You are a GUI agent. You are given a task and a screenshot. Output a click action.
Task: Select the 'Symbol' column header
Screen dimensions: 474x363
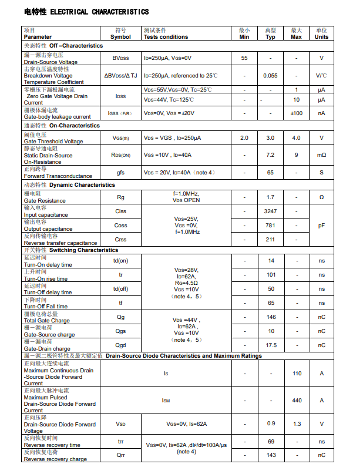tap(120, 37)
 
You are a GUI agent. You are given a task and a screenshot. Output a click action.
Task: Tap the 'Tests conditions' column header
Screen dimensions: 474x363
tap(166, 37)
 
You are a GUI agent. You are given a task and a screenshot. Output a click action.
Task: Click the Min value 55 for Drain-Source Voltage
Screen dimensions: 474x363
tap(244, 58)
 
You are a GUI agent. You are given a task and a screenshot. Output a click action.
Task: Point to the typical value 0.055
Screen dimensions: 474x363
tap(270, 76)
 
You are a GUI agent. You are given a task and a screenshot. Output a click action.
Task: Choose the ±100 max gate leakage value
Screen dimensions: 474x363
tap(297, 113)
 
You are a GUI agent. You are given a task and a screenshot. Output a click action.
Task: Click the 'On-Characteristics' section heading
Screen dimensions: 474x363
tap(75, 126)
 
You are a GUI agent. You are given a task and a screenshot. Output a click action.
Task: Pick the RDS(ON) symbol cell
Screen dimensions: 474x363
tap(120, 155)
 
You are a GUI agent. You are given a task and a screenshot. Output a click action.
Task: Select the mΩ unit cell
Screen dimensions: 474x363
tap(321, 155)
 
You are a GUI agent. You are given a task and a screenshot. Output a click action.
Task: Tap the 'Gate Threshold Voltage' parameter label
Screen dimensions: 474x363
tap(53, 142)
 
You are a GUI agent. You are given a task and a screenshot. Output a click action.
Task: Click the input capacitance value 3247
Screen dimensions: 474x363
tap(270, 211)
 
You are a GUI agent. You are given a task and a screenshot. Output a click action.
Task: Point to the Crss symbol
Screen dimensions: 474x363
tap(120, 240)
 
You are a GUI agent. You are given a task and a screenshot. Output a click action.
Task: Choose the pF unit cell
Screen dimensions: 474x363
tap(321, 226)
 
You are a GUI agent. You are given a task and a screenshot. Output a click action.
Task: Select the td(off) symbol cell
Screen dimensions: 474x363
tap(120, 289)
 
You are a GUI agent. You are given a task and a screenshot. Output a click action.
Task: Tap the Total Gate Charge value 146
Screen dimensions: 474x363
tap(271, 317)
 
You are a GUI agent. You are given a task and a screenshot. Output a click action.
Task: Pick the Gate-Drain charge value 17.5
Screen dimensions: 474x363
tap(271, 345)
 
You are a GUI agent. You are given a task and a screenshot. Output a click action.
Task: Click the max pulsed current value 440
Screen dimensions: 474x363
tap(297, 401)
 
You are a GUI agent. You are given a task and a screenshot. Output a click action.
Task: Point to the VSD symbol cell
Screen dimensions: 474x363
tap(120, 424)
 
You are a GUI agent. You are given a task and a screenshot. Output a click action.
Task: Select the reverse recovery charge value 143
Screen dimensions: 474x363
tap(271, 455)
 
